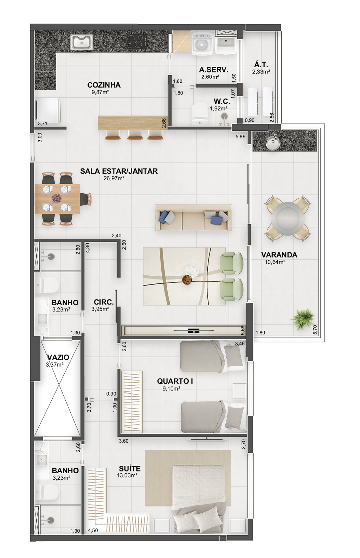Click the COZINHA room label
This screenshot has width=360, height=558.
(104, 85)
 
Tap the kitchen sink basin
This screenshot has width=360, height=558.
(82, 42)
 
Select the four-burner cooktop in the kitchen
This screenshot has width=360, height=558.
(136, 41)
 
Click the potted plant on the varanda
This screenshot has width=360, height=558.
(303, 319)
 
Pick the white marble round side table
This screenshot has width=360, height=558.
(192, 270)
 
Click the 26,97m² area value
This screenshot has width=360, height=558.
(114, 178)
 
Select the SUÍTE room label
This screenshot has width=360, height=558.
(130, 469)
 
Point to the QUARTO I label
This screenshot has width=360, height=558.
(175, 381)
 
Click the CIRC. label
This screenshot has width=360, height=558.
(104, 302)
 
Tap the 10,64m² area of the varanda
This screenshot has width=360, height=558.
(275, 262)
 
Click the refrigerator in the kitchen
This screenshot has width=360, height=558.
(48, 111)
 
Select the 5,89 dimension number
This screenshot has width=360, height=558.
(240, 136)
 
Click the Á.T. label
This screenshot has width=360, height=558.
(261, 64)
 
